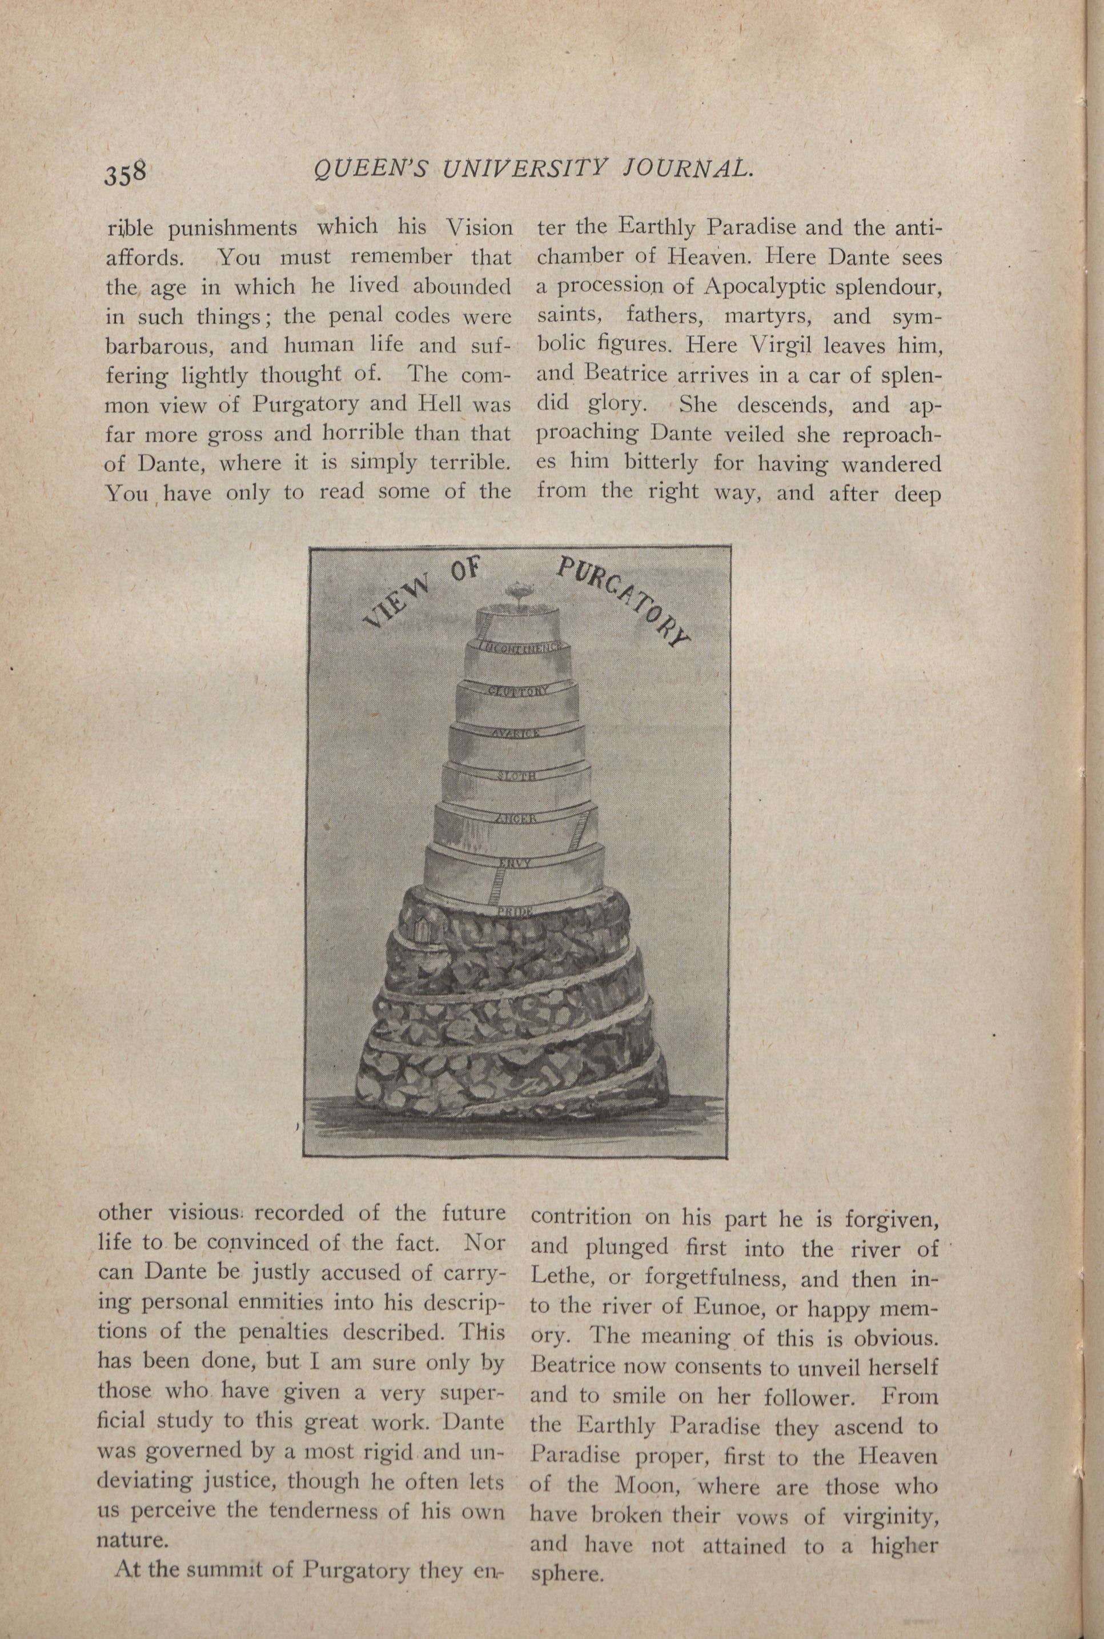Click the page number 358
tap(125, 173)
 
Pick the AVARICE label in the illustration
tap(516, 734)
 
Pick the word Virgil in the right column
tap(780, 345)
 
